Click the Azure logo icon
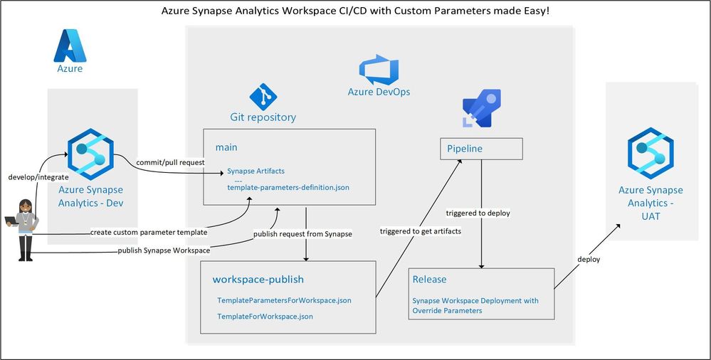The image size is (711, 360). [70, 46]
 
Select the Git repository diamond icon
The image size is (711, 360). [263, 97]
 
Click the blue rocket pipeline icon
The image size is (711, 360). [482, 108]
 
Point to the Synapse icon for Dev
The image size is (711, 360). [90, 154]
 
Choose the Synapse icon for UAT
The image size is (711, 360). [651, 153]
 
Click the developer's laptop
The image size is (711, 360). [11, 221]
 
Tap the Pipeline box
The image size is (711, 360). [481, 149]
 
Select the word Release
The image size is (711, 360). [429, 280]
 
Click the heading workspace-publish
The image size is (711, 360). [258, 280]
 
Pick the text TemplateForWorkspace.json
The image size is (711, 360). [265, 316]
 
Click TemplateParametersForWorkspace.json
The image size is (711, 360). [284, 300]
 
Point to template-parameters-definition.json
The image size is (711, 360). [288, 187]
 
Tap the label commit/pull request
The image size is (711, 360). [171, 162]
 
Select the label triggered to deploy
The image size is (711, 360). [478, 213]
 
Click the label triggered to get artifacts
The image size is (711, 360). [421, 231]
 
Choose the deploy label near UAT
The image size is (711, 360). [589, 260]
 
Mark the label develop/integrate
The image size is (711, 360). [38, 177]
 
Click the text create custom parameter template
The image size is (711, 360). [149, 232]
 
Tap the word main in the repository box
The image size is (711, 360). [226, 147]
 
